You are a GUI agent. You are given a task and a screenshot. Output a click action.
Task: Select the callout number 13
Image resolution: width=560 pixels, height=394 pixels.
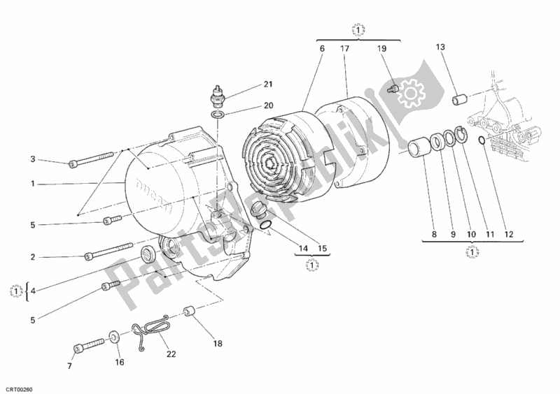[440, 47]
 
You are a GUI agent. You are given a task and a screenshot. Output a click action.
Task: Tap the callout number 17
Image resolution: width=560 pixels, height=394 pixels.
[345, 49]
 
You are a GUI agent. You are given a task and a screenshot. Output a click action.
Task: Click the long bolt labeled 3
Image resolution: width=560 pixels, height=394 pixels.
[92, 160]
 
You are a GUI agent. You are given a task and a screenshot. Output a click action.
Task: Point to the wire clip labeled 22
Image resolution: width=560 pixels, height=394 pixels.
[149, 328]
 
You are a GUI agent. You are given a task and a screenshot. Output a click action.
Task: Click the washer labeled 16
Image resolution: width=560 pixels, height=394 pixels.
[113, 341]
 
